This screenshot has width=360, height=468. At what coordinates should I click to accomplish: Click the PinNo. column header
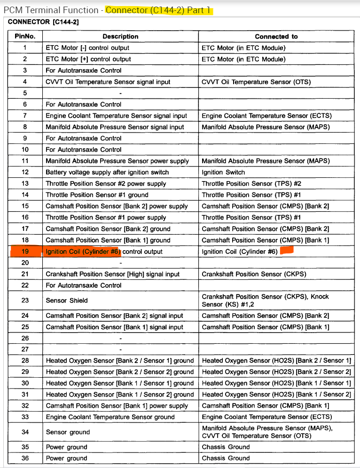coord(25,36)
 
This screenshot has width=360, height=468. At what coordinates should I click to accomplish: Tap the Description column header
coord(120,36)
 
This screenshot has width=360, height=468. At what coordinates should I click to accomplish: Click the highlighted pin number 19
coord(25,252)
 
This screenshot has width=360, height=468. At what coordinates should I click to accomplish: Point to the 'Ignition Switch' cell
coord(223,172)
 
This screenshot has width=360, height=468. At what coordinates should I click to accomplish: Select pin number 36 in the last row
coord(25,459)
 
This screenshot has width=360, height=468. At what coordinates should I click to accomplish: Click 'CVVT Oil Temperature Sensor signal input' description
coord(108,82)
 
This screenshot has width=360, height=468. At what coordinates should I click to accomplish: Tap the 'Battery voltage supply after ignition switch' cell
coord(107,172)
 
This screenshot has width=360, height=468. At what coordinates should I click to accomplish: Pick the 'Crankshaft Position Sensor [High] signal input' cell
coord(112,274)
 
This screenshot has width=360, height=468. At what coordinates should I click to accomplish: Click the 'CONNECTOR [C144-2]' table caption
coord(38,22)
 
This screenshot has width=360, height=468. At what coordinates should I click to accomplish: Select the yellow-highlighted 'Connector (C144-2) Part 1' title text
coord(159,10)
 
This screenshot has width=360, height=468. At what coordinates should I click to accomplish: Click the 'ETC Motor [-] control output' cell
coord(87,48)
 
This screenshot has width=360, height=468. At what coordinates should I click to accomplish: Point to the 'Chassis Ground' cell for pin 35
coord(226,447)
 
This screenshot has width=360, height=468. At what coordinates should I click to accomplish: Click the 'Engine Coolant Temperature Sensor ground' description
coord(110,417)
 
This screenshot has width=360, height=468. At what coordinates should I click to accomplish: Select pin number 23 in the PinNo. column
coord(25,301)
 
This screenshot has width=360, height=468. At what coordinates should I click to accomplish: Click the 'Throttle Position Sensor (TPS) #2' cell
coord(251,183)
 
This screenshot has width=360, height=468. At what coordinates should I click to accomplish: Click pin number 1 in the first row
coord(25,48)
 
